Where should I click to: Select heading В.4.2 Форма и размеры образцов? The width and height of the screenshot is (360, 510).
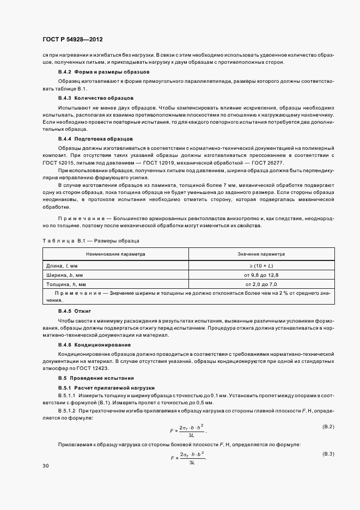[96, 72]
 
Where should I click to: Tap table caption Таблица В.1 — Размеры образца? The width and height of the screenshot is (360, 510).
[91, 240]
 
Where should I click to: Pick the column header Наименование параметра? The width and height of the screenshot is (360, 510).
[115, 254]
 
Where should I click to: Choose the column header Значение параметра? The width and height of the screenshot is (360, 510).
[261, 254]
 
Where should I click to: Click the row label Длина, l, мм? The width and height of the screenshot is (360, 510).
[63, 265]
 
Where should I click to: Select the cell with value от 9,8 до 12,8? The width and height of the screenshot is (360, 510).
[261, 275]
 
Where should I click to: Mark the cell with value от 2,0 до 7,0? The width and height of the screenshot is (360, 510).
[261, 284]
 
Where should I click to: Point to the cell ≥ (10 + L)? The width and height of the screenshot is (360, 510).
[261, 265]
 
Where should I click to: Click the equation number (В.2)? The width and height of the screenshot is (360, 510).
[328, 426]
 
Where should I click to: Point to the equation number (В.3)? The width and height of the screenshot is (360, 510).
[328, 453]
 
